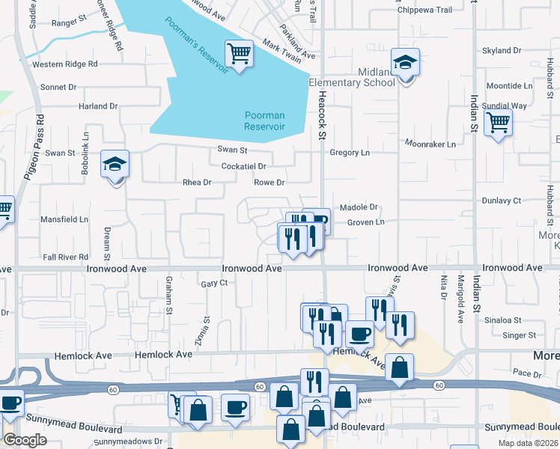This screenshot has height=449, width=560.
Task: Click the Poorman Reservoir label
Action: point(264,120)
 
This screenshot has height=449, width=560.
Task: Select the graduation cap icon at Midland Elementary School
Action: point(405,63)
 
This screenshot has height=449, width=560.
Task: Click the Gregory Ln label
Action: point(350,153)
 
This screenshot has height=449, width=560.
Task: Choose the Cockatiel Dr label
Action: point(244,166)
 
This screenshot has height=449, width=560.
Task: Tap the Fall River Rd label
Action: point(66,257)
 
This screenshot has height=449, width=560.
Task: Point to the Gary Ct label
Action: point(214,284)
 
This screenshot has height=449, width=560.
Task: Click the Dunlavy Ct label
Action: point(502,201)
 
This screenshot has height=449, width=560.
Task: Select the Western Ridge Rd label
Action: point(65,64)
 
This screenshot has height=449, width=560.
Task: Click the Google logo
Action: point(25,440)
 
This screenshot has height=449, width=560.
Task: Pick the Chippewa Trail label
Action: point(425,10)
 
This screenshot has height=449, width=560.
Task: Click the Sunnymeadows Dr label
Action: point(128,442)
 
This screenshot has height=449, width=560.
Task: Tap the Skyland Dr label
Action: point(502,51)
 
